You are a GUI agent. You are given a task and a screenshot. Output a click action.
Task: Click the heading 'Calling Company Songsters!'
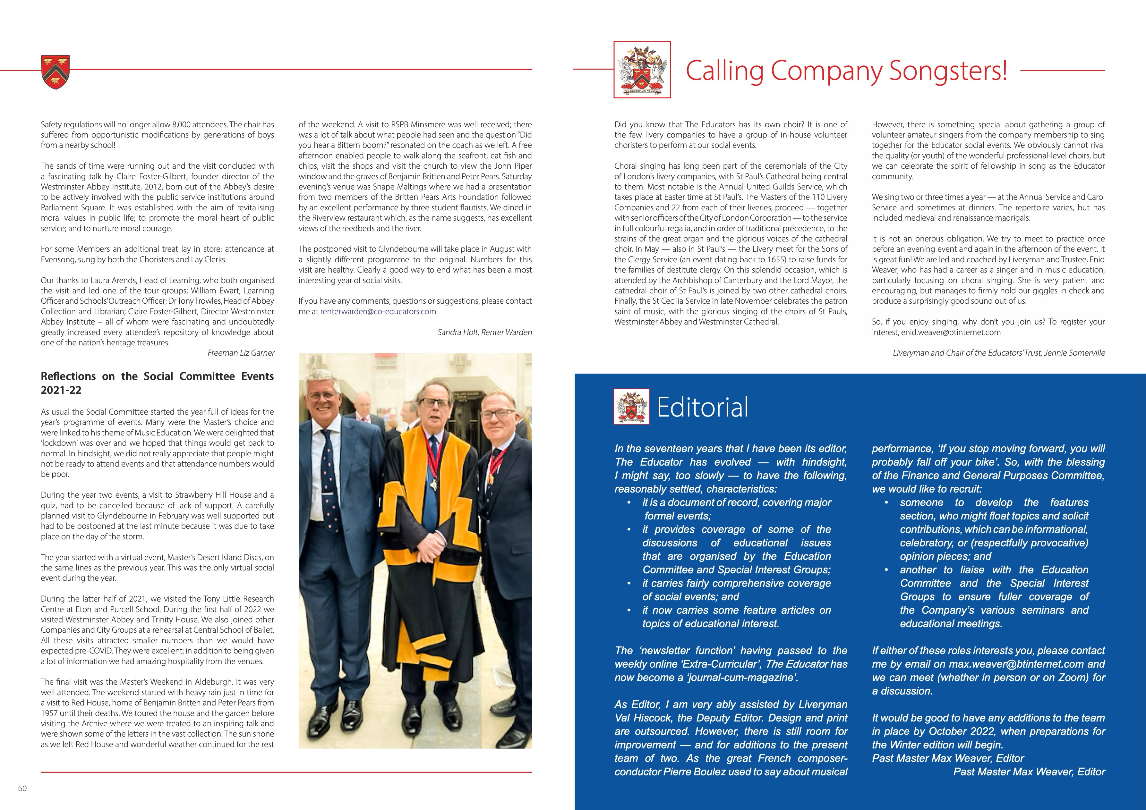pyautogui.click(x=846, y=70)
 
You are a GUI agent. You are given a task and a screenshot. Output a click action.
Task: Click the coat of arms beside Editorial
pyautogui.click(x=631, y=407)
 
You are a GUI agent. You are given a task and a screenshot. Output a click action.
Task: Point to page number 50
pyautogui.click(x=22, y=789)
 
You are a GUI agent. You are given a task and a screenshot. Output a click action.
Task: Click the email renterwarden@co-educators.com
pyautogui.click(x=378, y=312)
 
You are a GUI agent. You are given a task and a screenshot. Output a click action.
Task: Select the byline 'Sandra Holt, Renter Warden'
pyautogui.click(x=484, y=332)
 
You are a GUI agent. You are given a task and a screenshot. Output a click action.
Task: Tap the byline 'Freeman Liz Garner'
pyautogui.click(x=241, y=353)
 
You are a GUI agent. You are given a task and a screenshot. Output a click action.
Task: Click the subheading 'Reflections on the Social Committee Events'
pyautogui.click(x=157, y=376)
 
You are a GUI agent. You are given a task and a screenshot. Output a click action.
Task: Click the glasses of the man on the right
pyautogui.click(x=498, y=413)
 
